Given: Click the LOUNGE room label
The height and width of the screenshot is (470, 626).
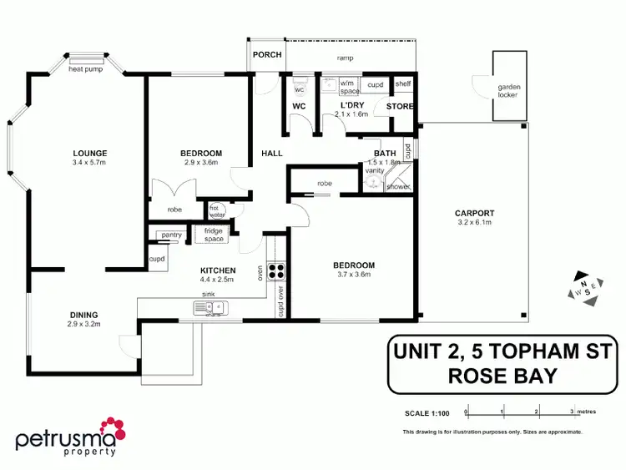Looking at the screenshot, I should pos(89,153).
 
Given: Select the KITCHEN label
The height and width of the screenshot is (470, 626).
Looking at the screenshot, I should pos(218,270).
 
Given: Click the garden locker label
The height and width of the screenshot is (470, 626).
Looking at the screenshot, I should pos(507,90).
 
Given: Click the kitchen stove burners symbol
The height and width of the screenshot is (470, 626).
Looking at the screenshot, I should pos(277,270).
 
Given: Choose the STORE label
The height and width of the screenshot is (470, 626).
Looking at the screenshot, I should pos(401,106).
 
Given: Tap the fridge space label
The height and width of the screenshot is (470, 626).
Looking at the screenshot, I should pos(209,235).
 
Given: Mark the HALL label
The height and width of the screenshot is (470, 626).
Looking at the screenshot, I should pos(272,154).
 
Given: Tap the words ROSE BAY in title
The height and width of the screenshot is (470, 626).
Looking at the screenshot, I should pos(502,376).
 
